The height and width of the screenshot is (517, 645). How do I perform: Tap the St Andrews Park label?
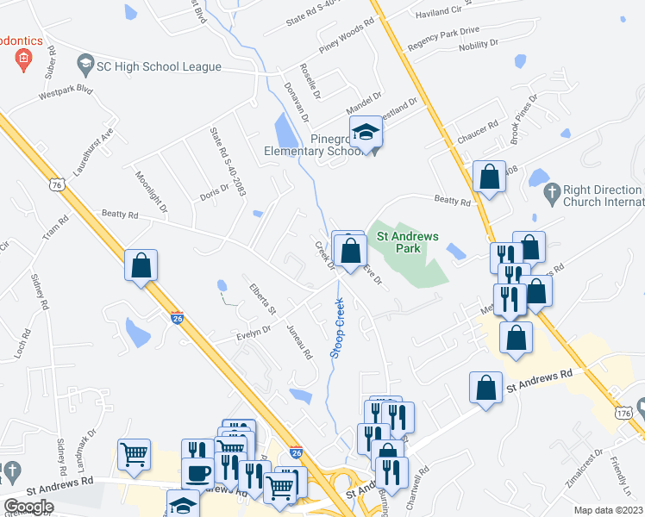tap(404, 242)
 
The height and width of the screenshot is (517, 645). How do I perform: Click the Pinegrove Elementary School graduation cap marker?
tap(366, 133)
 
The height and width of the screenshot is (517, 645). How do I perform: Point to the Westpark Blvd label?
tap(65, 93)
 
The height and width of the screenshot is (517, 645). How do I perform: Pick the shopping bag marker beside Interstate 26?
tap(141, 265)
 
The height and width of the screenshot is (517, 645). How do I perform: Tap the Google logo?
tap(28, 507)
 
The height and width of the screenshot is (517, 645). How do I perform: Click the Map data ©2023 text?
tap(607, 510)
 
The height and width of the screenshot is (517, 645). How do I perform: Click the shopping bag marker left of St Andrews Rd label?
tap(485, 388)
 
